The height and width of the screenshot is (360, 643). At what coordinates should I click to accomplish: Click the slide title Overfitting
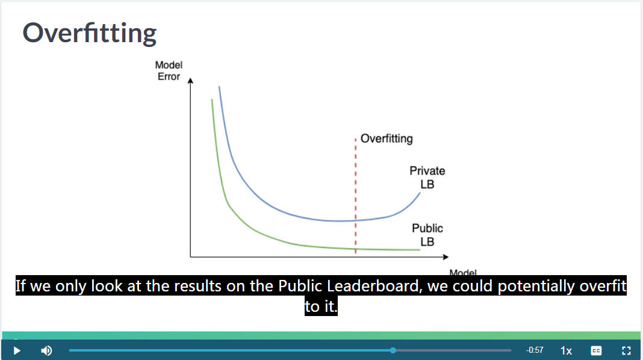point(89,33)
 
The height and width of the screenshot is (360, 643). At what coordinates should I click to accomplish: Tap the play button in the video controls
point(17,350)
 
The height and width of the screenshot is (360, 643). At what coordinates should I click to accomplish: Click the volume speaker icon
point(46,350)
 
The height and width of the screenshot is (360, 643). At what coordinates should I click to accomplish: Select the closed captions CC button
point(596,350)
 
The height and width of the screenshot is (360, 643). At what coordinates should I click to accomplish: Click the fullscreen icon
point(626,350)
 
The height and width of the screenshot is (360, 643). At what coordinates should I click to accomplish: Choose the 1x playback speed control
point(567,350)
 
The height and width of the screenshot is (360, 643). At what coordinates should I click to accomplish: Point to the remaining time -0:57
point(535,350)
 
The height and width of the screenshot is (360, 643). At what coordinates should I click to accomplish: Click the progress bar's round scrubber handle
point(393,350)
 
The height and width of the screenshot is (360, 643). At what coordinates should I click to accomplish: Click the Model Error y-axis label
point(169,71)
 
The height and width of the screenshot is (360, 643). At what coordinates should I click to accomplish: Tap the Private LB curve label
point(427,177)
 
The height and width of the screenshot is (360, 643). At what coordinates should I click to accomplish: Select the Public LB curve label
point(427,235)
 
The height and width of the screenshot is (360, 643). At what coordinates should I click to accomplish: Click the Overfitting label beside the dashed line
point(387,138)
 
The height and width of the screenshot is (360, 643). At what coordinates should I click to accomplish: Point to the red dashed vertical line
point(356,196)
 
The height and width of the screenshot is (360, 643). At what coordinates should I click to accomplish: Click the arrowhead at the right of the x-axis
point(446,256)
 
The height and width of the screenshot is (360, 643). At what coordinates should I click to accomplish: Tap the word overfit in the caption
point(603,286)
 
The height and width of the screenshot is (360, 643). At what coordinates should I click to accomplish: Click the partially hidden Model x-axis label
point(463,272)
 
